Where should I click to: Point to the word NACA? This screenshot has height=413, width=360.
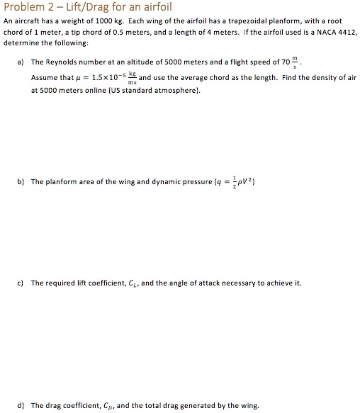tap(325, 33)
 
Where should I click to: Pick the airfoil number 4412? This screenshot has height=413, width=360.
tap(347, 33)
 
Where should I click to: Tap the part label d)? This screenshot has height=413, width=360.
tap(19, 406)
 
